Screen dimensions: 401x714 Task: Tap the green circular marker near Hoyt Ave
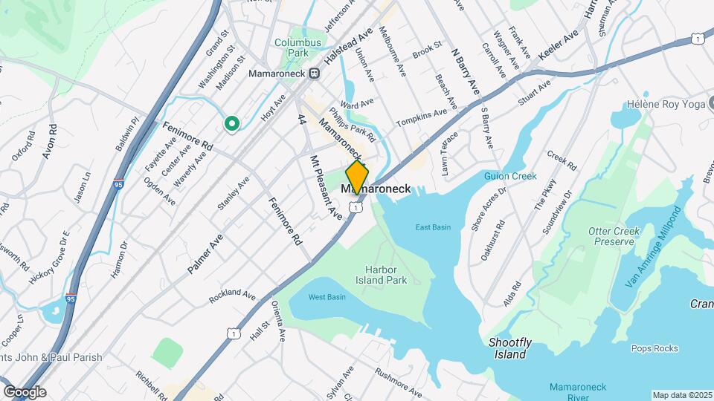click(x=232, y=124)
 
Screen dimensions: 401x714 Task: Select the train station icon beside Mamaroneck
click(x=315, y=73)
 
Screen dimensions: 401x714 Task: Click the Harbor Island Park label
click(x=386, y=275)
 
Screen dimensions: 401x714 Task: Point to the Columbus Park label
click(x=297, y=48)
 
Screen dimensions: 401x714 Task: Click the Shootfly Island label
click(x=509, y=348)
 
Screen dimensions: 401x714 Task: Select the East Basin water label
click(x=433, y=227)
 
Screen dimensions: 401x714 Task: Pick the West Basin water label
click(x=327, y=297)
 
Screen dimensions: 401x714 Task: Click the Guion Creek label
click(x=510, y=176)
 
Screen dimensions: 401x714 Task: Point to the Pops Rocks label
click(x=654, y=348)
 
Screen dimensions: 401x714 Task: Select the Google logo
click(x=25, y=391)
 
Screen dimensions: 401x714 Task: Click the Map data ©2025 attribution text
click(x=682, y=395)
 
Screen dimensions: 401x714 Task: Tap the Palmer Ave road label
click(x=205, y=253)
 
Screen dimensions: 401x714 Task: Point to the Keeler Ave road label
click(x=559, y=47)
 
